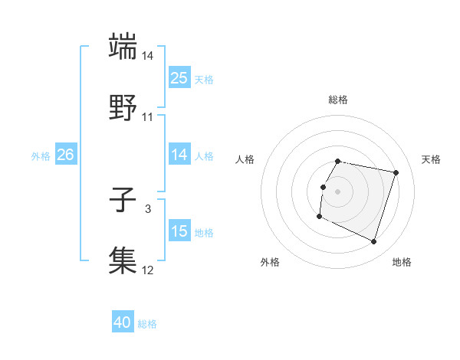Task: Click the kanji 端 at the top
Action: point(123,46)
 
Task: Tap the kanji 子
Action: point(123,201)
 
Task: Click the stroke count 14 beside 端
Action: point(148,56)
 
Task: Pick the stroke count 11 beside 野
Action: point(148,116)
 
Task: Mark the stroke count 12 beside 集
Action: point(148,270)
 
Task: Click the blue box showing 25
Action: point(179,78)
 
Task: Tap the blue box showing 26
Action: point(65,155)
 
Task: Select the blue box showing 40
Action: point(123,323)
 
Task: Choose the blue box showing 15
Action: point(179,231)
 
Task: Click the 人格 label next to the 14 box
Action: point(204,155)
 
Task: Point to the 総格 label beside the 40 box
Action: point(147,324)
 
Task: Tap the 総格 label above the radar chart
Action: point(338,100)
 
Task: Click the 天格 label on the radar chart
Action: point(431,159)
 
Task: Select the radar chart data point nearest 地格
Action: point(374,242)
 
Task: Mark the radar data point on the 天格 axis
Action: point(396,173)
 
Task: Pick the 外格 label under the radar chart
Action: point(270,263)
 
